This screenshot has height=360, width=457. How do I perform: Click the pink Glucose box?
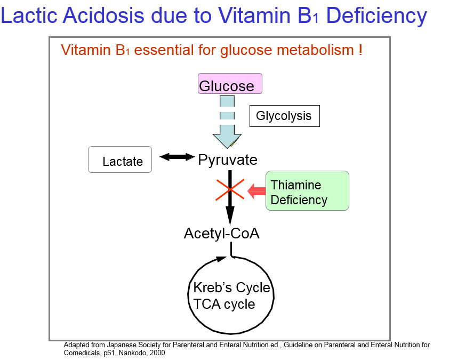pyautogui.click(x=230, y=84)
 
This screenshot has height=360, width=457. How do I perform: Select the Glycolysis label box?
pyautogui.click(x=284, y=116)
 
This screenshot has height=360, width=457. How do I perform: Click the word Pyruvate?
pyautogui.click(x=228, y=160)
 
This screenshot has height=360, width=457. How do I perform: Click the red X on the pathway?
pyautogui.click(x=230, y=189)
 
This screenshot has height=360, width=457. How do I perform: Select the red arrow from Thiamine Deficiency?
pyautogui.click(x=257, y=190)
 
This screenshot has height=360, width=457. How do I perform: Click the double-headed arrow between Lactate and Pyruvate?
pyautogui.click(x=178, y=156)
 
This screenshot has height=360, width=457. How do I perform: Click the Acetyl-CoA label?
pyautogui.click(x=221, y=233)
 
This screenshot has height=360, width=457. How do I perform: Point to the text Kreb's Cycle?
pyautogui.click(x=231, y=289)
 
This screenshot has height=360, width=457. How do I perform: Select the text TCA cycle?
pyautogui.click(x=224, y=305)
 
